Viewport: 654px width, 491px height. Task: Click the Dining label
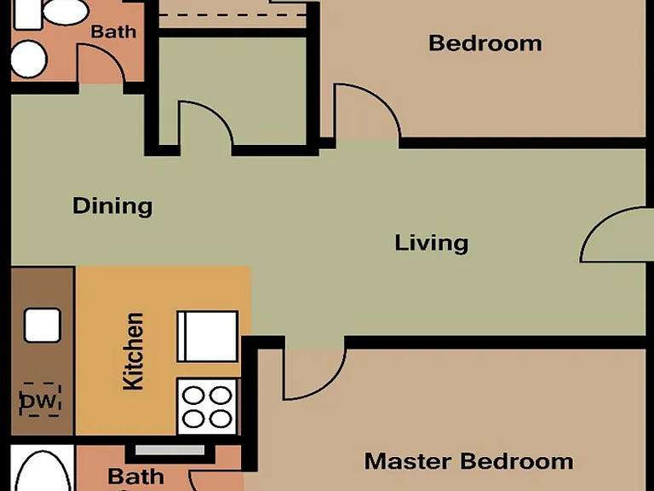tap(112, 206)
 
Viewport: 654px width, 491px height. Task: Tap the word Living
tap(432, 243)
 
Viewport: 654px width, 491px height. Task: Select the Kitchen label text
tap(134, 351)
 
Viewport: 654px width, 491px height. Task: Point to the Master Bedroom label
tap(469, 461)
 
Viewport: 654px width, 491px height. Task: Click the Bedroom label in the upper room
tap(485, 43)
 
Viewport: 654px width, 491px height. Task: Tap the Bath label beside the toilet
tap(113, 32)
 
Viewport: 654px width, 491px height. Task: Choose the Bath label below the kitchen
tap(136, 477)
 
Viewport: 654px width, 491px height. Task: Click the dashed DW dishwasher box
tap(40, 400)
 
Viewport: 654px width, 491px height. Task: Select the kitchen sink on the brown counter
tap(43, 326)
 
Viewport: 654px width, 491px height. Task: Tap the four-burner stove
tap(207, 407)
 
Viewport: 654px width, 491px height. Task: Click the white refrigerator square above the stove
tap(207, 336)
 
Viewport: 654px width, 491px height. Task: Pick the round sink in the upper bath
tap(28, 59)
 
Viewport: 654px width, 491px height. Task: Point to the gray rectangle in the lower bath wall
tap(169, 450)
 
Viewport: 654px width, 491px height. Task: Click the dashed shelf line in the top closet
tap(232, 15)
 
